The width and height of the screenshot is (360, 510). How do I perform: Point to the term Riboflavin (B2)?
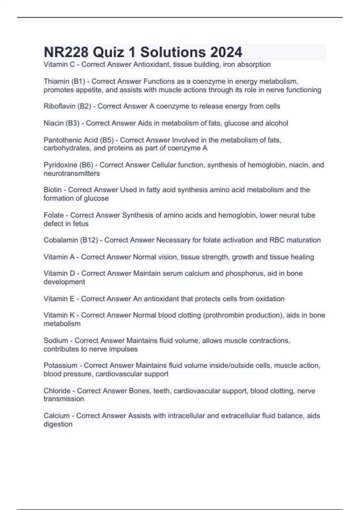[x=67, y=106]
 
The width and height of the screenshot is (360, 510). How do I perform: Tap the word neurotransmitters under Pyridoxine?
[x=72, y=173]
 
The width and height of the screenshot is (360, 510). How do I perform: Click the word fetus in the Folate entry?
[x=81, y=223]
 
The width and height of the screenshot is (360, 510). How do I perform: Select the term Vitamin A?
[x=59, y=257]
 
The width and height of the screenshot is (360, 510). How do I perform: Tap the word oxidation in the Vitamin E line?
[x=270, y=299]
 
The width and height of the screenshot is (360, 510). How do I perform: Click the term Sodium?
[x=56, y=340]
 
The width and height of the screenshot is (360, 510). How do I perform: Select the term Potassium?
[x=60, y=365]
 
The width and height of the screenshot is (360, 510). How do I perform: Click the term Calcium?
[x=56, y=416]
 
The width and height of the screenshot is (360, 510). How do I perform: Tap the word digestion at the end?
[x=58, y=424]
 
